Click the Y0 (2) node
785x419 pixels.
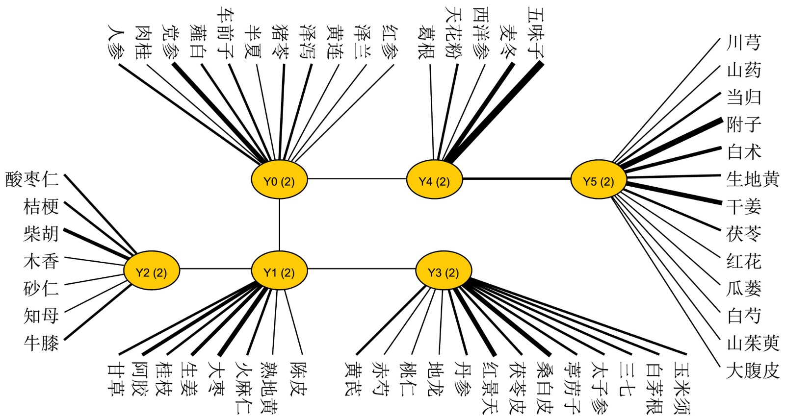click(279, 181)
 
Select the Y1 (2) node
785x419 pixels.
click(279, 271)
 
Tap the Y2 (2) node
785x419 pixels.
click(151, 271)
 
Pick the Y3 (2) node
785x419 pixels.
click(444, 271)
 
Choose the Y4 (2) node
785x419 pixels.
click(434, 181)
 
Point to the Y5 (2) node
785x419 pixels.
click(599, 181)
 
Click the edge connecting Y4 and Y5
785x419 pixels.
click(517, 179)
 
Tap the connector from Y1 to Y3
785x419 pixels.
click(362, 269)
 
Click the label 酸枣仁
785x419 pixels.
click(32, 179)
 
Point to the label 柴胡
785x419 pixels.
click(41, 233)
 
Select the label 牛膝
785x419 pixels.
click(41, 343)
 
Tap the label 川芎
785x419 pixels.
click(743, 43)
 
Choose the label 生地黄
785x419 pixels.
click(752, 179)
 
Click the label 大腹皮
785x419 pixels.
click(752, 370)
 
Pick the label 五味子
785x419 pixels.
click(536, 31)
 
